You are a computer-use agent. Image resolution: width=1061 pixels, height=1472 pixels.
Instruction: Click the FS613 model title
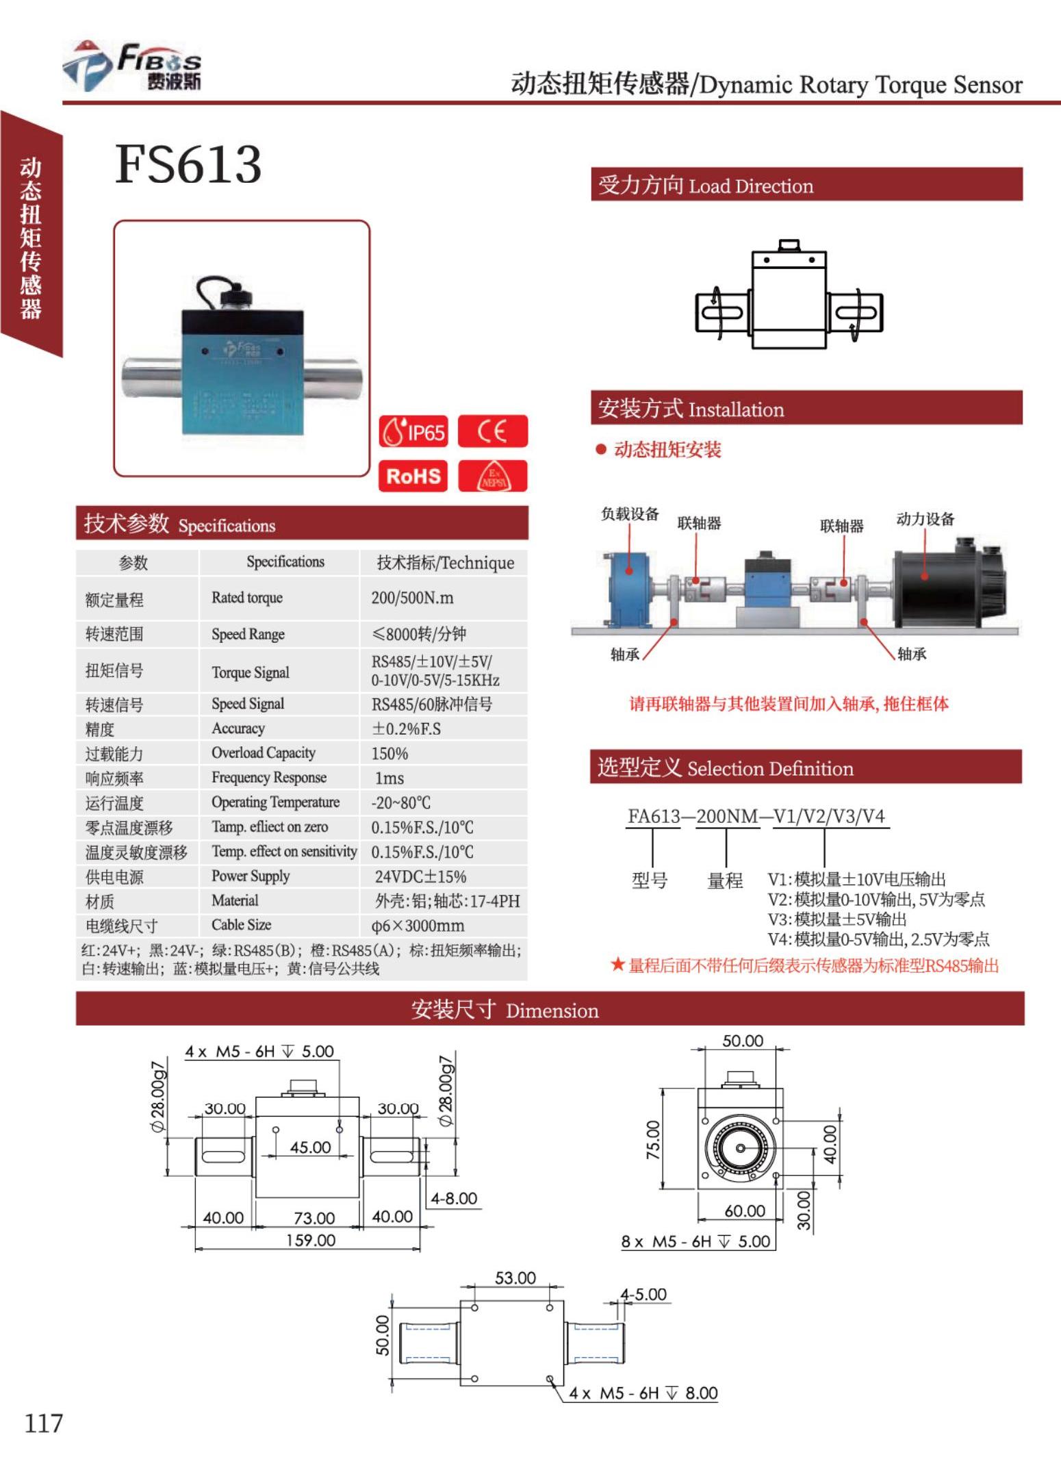pyautogui.click(x=188, y=164)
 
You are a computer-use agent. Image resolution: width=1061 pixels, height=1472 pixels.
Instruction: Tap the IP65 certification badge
pyautogui.click(x=413, y=431)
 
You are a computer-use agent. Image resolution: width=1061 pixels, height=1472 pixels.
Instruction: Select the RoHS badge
pyautogui.click(x=413, y=476)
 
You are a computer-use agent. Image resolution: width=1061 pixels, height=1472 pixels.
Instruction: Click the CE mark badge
pyautogui.click(x=492, y=431)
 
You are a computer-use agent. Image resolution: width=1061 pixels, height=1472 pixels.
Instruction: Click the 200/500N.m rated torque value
pyautogui.click(x=412, y=598)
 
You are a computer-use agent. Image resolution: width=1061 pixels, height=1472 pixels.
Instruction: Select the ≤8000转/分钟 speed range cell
pyautogui.click(x=418, y=634)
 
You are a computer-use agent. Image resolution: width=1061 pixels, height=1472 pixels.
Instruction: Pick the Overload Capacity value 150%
pyautogui.click(x=389, y=754)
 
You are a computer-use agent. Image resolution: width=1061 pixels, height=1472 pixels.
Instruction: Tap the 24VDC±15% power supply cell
pyautogui.click(x=420, y=877)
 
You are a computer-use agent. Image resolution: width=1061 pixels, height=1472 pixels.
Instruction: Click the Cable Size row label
pyautogui.click(x=241, y=925)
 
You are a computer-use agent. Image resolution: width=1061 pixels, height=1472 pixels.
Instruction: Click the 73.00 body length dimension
pyautogui.click(x=314, y=1218)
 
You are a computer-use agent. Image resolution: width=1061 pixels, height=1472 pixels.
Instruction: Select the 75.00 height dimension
pyautogui.click(x=653, y=1140)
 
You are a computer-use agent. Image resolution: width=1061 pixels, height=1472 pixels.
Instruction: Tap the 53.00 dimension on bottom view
pyautogui.click(x=515, y=1278)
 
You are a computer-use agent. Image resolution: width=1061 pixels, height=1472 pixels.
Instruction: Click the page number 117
pyautogui.click(x=43, y=1423)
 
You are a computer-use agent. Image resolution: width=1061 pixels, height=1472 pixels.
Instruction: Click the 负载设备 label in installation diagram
pyautogui.click(x=630, y=514)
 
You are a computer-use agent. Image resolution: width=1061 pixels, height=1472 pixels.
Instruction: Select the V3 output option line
pyautogui.click(x=836, y=919)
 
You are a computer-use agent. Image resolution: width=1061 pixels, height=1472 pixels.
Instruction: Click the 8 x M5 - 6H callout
pyautogui.click(x=695, y=1241)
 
